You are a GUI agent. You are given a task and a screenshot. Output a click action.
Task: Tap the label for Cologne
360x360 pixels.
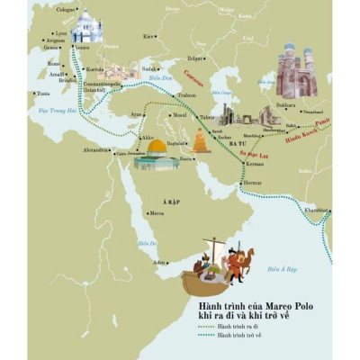[67, 10]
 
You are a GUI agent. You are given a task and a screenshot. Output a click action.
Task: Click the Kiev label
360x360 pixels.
[148, 36]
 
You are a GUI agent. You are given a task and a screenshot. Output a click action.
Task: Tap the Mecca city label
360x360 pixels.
[157, 213]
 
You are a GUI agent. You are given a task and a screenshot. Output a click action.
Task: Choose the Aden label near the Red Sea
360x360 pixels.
[160, 262]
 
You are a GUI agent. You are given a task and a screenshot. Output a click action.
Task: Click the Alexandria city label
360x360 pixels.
[96, 149]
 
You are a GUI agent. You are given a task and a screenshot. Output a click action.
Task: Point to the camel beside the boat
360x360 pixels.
[240, 262]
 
